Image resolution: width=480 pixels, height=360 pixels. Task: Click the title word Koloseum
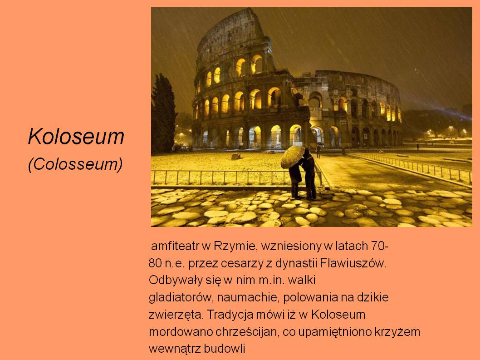click(x=76, y=136)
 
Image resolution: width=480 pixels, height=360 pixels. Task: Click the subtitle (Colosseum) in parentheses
click(x=75, y=164)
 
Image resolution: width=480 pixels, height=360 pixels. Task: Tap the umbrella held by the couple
click(x=293, y=157)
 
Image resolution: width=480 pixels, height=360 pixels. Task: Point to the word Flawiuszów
click(x=353, y=263)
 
